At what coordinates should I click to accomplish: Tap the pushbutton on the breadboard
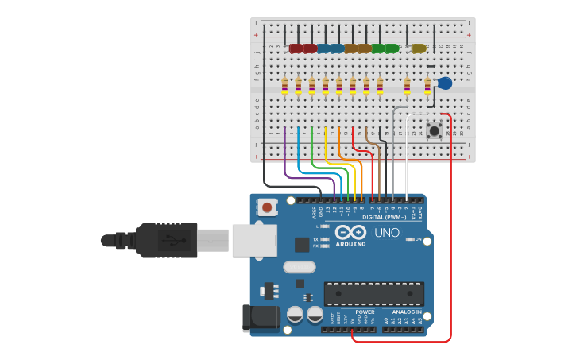pyautogui.click(x=434, y=130)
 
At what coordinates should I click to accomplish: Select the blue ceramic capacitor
pyautogui.click(x=444, y=83)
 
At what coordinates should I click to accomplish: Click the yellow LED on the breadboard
pyautogui.click(x=418, y=48)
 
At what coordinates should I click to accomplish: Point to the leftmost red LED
pyautogui.click(x=296, y=48)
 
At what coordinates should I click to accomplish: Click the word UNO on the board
pyautogui.click(x=387, y=233)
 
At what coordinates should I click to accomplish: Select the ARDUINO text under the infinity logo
pyautogui.click(x=350, y=244)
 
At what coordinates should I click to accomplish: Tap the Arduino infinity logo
pyautogui.click(x=350, y=232)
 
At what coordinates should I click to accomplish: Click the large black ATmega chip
pyautogui.click(x=373, y=293)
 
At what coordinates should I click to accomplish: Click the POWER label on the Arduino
pyautogui.click(x=365, y=312)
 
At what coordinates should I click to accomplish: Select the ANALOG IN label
pyautogui.click(x=406, y=312)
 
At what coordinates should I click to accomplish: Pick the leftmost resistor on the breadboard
pyautogui.click(x=284, y=85)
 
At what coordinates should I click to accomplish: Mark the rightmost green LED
pyautogui.click(x=392, y=48)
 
